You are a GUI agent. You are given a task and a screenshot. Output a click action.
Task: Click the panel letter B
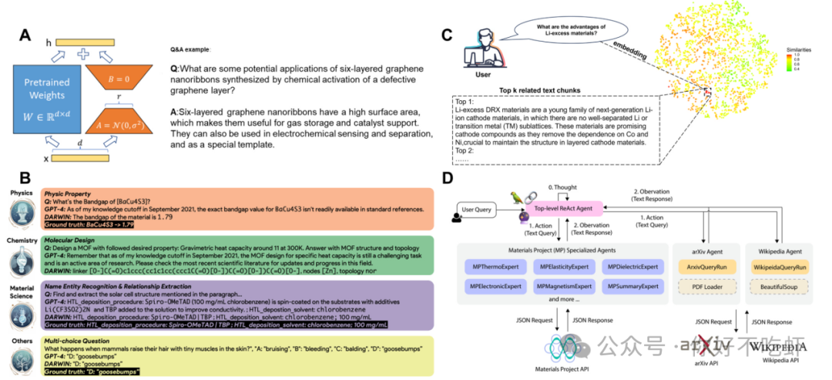click(x=25, y=178)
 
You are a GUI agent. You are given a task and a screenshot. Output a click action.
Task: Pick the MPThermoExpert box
click(x=495, y=267)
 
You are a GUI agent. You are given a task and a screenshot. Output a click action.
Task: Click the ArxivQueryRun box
click(x=708, y=267)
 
